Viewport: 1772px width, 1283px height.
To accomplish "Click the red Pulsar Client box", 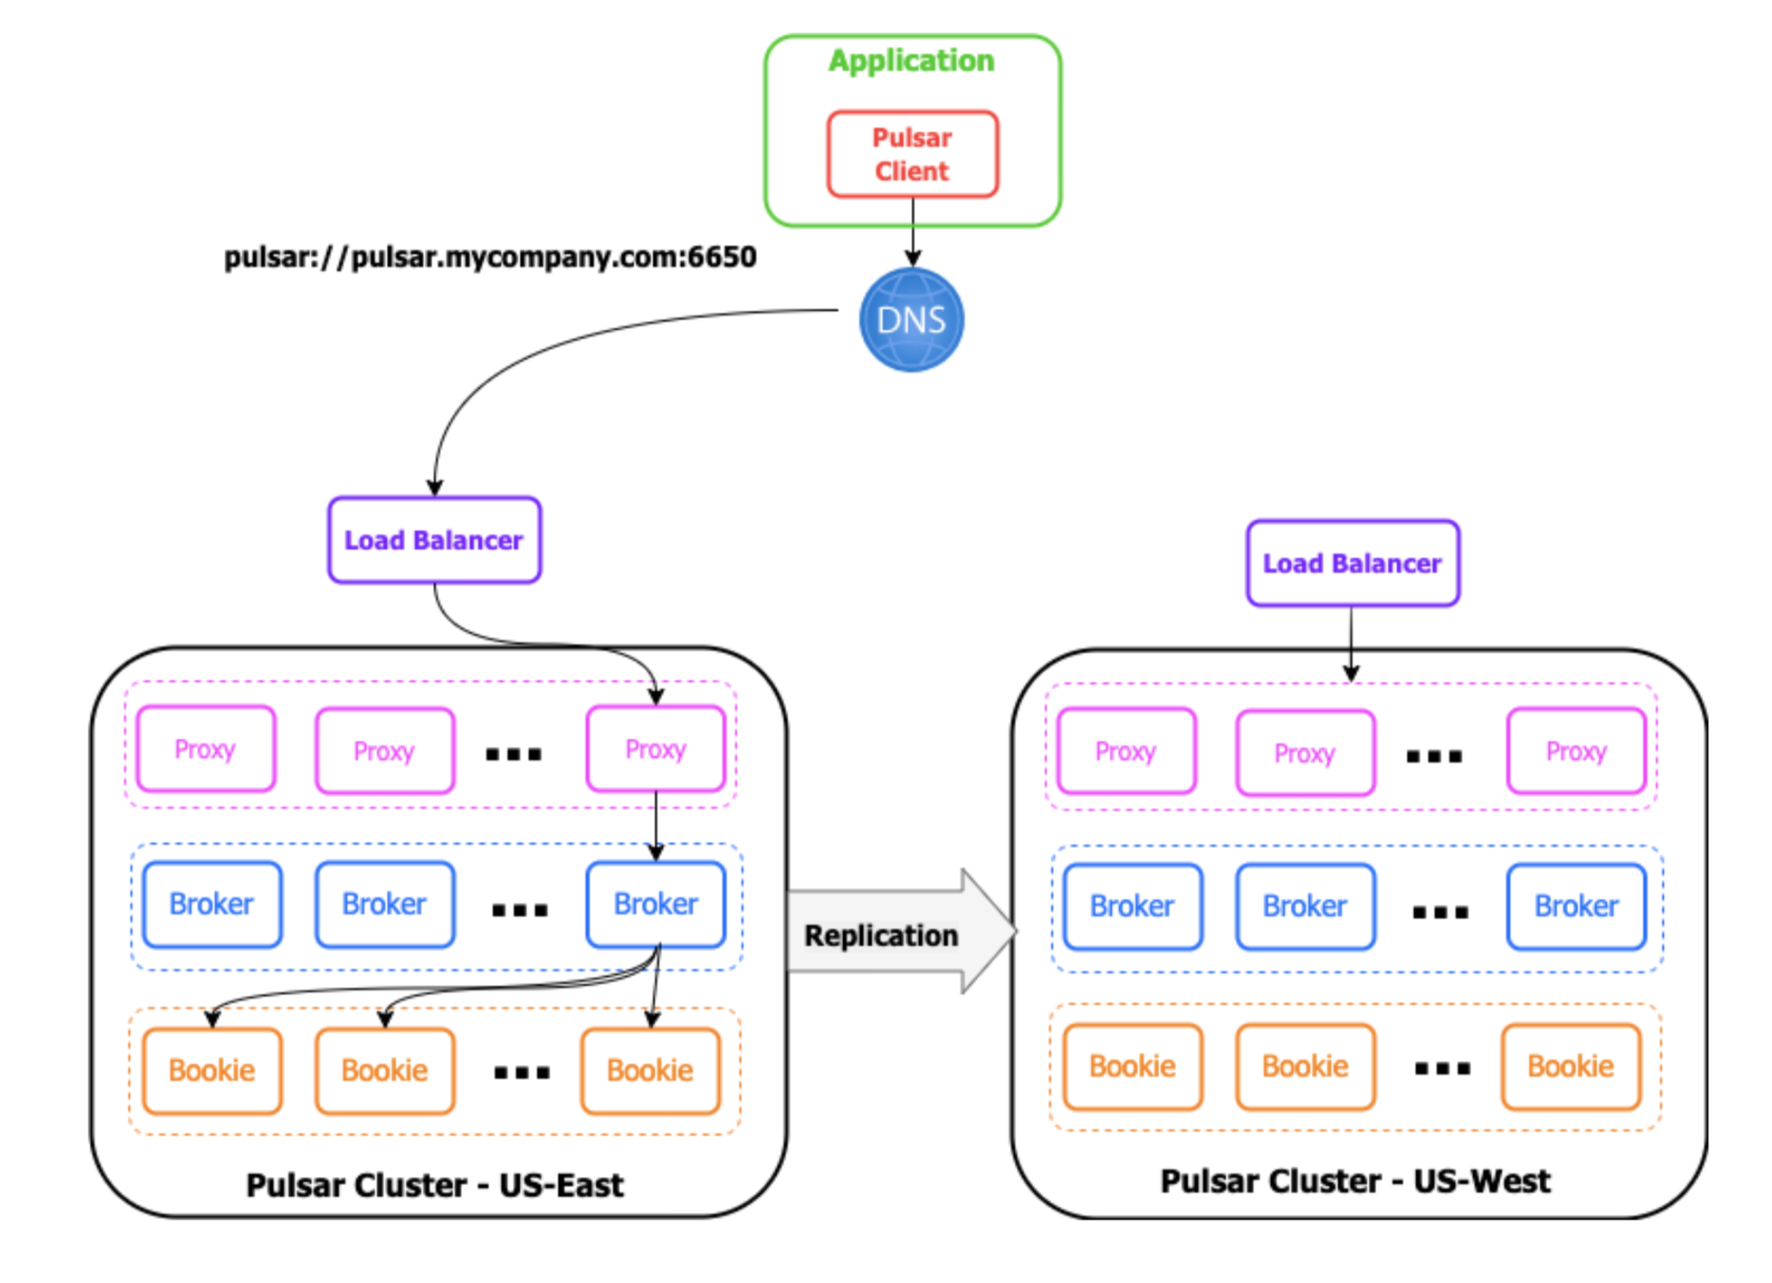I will (x=913, y=154).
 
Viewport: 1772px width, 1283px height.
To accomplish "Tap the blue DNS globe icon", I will (x=912, y=320).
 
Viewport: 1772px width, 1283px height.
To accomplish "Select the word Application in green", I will (x=912, y=61).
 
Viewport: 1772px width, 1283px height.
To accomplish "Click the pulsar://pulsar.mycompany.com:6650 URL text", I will (x=489, y=257).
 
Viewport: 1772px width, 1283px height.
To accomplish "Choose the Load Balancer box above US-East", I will (x=434, y=540).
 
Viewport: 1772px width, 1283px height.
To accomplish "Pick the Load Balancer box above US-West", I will (x=1353, y=563).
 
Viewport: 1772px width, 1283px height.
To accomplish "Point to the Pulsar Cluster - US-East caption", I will (x=434, y=1185).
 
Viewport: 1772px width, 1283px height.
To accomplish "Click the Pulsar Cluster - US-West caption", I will (x=1356, y=1181).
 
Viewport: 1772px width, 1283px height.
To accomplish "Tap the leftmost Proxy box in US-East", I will (x=206, y=749).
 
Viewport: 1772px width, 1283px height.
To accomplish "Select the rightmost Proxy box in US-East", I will (x=655, y=749).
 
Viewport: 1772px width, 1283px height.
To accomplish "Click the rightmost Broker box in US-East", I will (x=655, y=904).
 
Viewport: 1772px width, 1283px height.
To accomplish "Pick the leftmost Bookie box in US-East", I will (x=212, y=1070).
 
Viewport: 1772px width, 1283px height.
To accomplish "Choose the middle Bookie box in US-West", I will (x=1305, y=1067).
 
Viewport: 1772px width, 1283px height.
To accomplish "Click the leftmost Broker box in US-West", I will (x=1133, y=906).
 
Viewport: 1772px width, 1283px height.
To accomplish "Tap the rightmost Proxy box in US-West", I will (x=1576, y=751).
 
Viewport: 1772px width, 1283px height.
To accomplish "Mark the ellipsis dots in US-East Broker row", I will (x=520, y=910).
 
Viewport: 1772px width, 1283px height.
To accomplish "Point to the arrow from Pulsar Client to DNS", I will (x=913, y=232).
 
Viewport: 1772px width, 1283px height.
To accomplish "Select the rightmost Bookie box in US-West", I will (x=1571, y=1067).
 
